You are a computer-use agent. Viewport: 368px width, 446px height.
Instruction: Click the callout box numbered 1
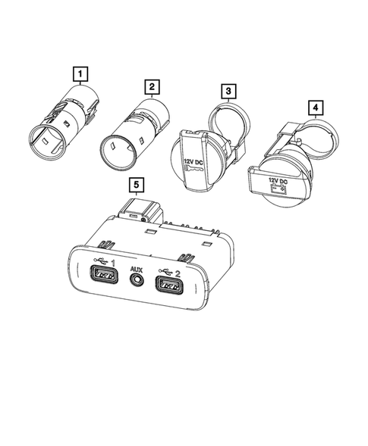[79, 74]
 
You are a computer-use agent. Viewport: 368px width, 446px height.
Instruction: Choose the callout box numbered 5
[135, 184]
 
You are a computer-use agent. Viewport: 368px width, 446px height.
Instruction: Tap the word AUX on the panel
[137, 269]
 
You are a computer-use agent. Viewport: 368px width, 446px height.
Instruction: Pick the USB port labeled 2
[170, 287]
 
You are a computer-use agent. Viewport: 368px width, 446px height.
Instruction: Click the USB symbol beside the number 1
[99, 264]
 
